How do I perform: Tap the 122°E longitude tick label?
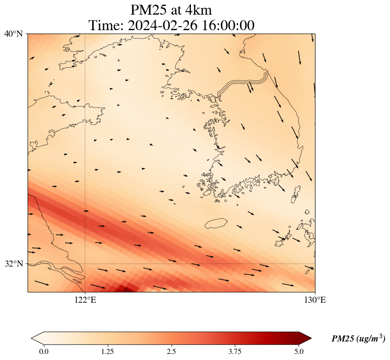(x=85, y=300)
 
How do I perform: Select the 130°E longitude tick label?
(x=315, y=300)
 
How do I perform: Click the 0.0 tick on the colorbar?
(x=44, y=351)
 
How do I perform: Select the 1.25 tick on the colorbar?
(x=107, y=351)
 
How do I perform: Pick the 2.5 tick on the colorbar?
(x=172, y=351)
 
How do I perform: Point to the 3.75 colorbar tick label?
(x=235, y=351)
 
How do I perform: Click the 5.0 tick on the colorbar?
(x=299, y=351)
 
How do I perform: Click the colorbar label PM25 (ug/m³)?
(x=358, y=339)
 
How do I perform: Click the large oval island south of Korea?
(x=216, y=223)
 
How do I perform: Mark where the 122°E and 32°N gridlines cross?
(x=85, y=264)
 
